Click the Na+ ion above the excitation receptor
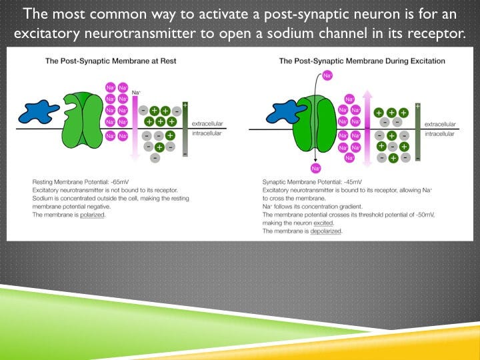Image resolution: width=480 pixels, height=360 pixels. (327, 76)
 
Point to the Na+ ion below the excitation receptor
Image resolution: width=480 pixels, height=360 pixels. (315, 169)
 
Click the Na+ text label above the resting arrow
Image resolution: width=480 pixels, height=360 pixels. (136, 92)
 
